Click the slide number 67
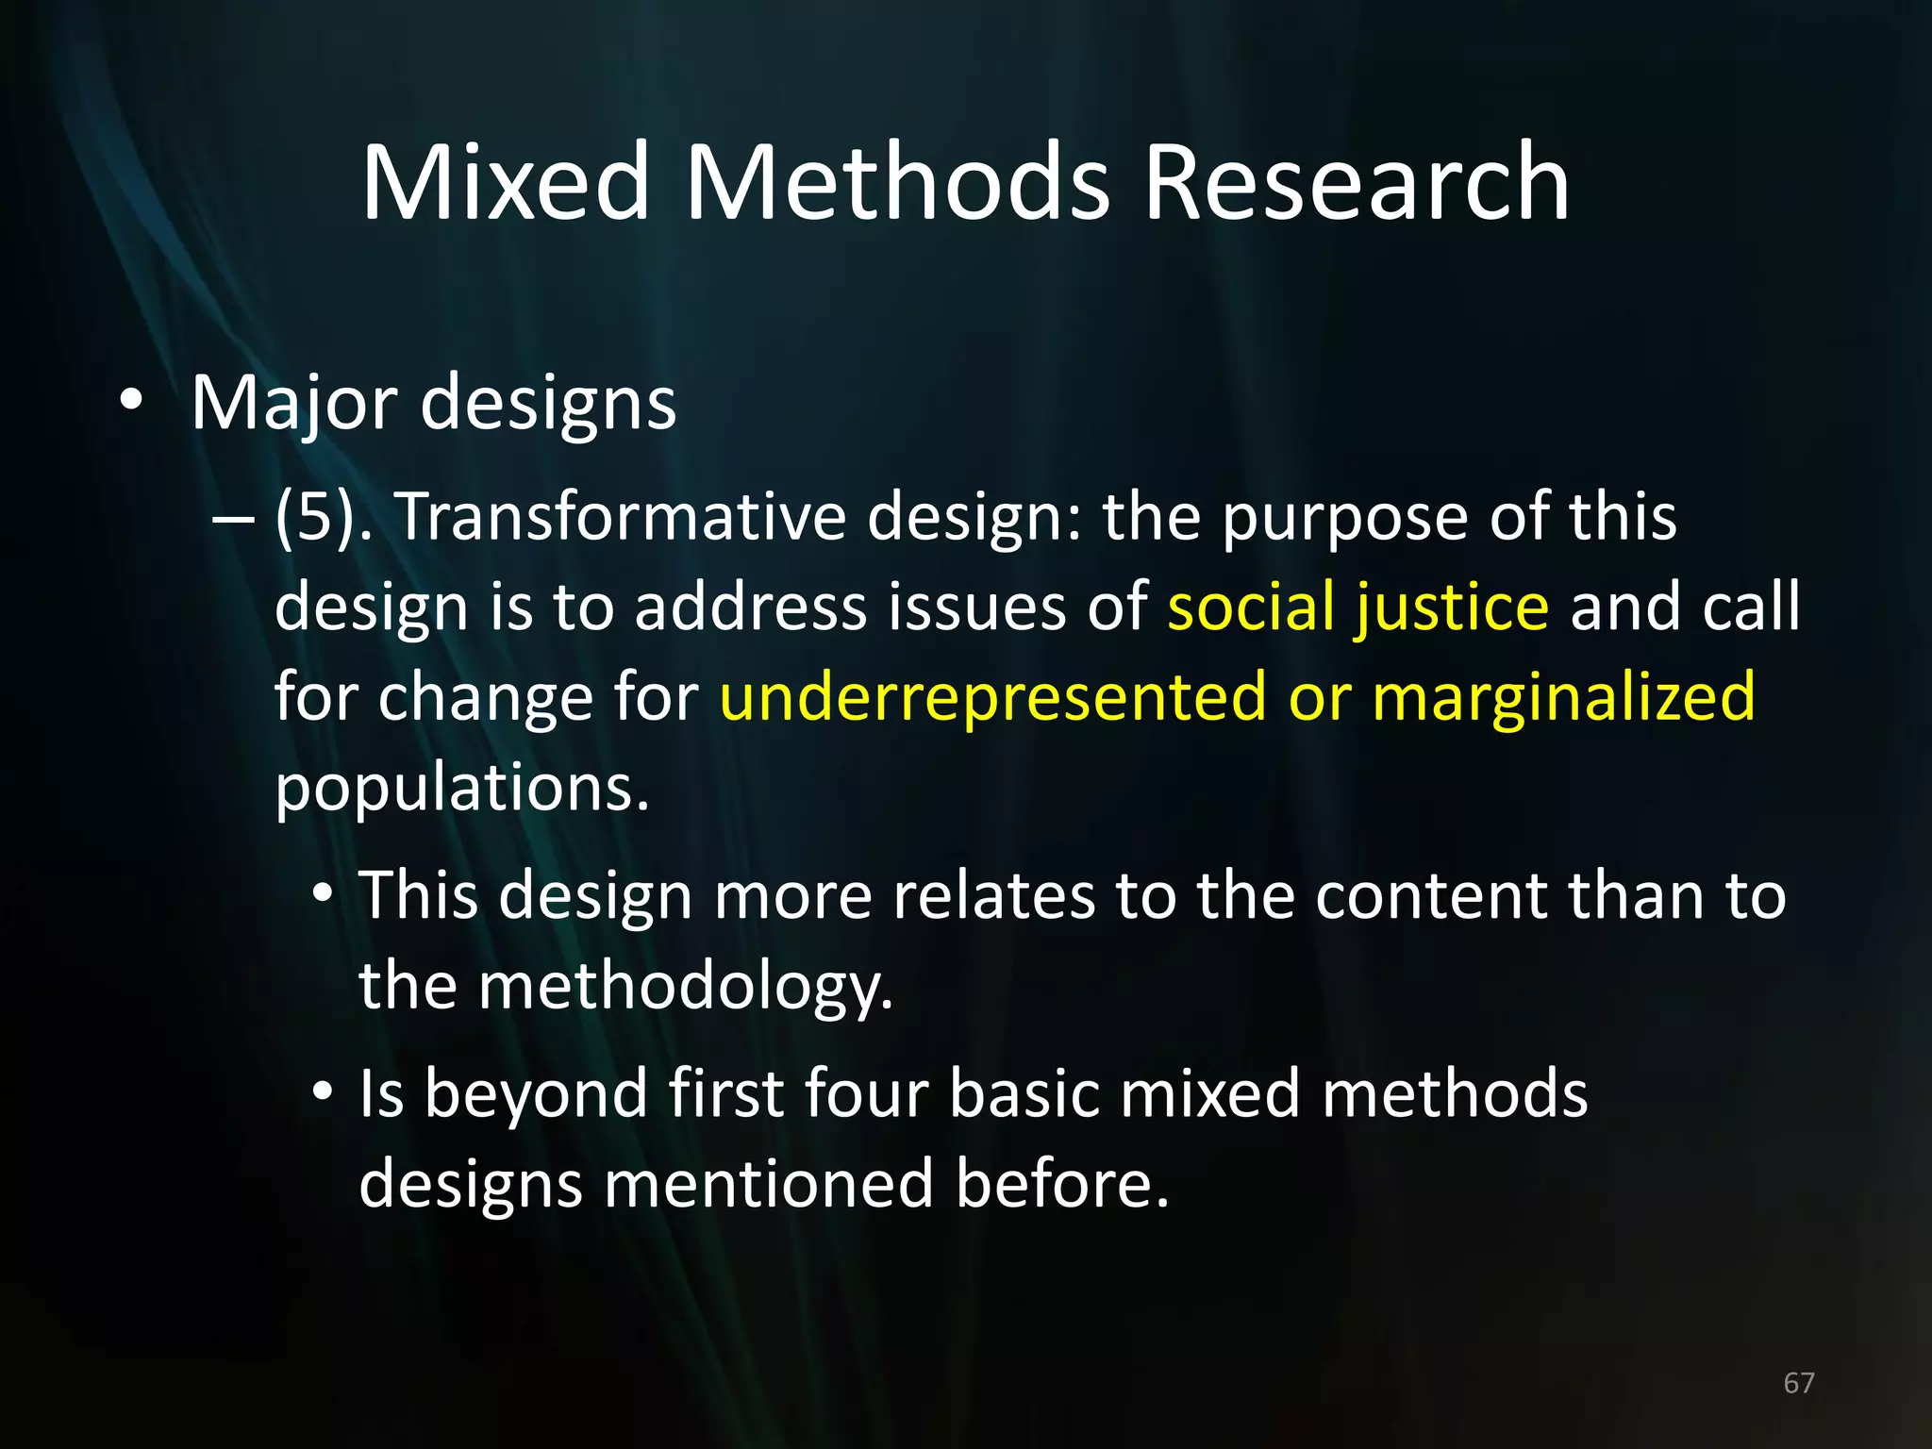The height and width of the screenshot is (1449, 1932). [x=1798, y=1383]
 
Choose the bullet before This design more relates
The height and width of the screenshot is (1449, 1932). [x=324, y=893]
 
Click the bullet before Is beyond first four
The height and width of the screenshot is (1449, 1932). [x=324, y=1092]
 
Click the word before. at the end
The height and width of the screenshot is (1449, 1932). [x=1062, y=1184]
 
